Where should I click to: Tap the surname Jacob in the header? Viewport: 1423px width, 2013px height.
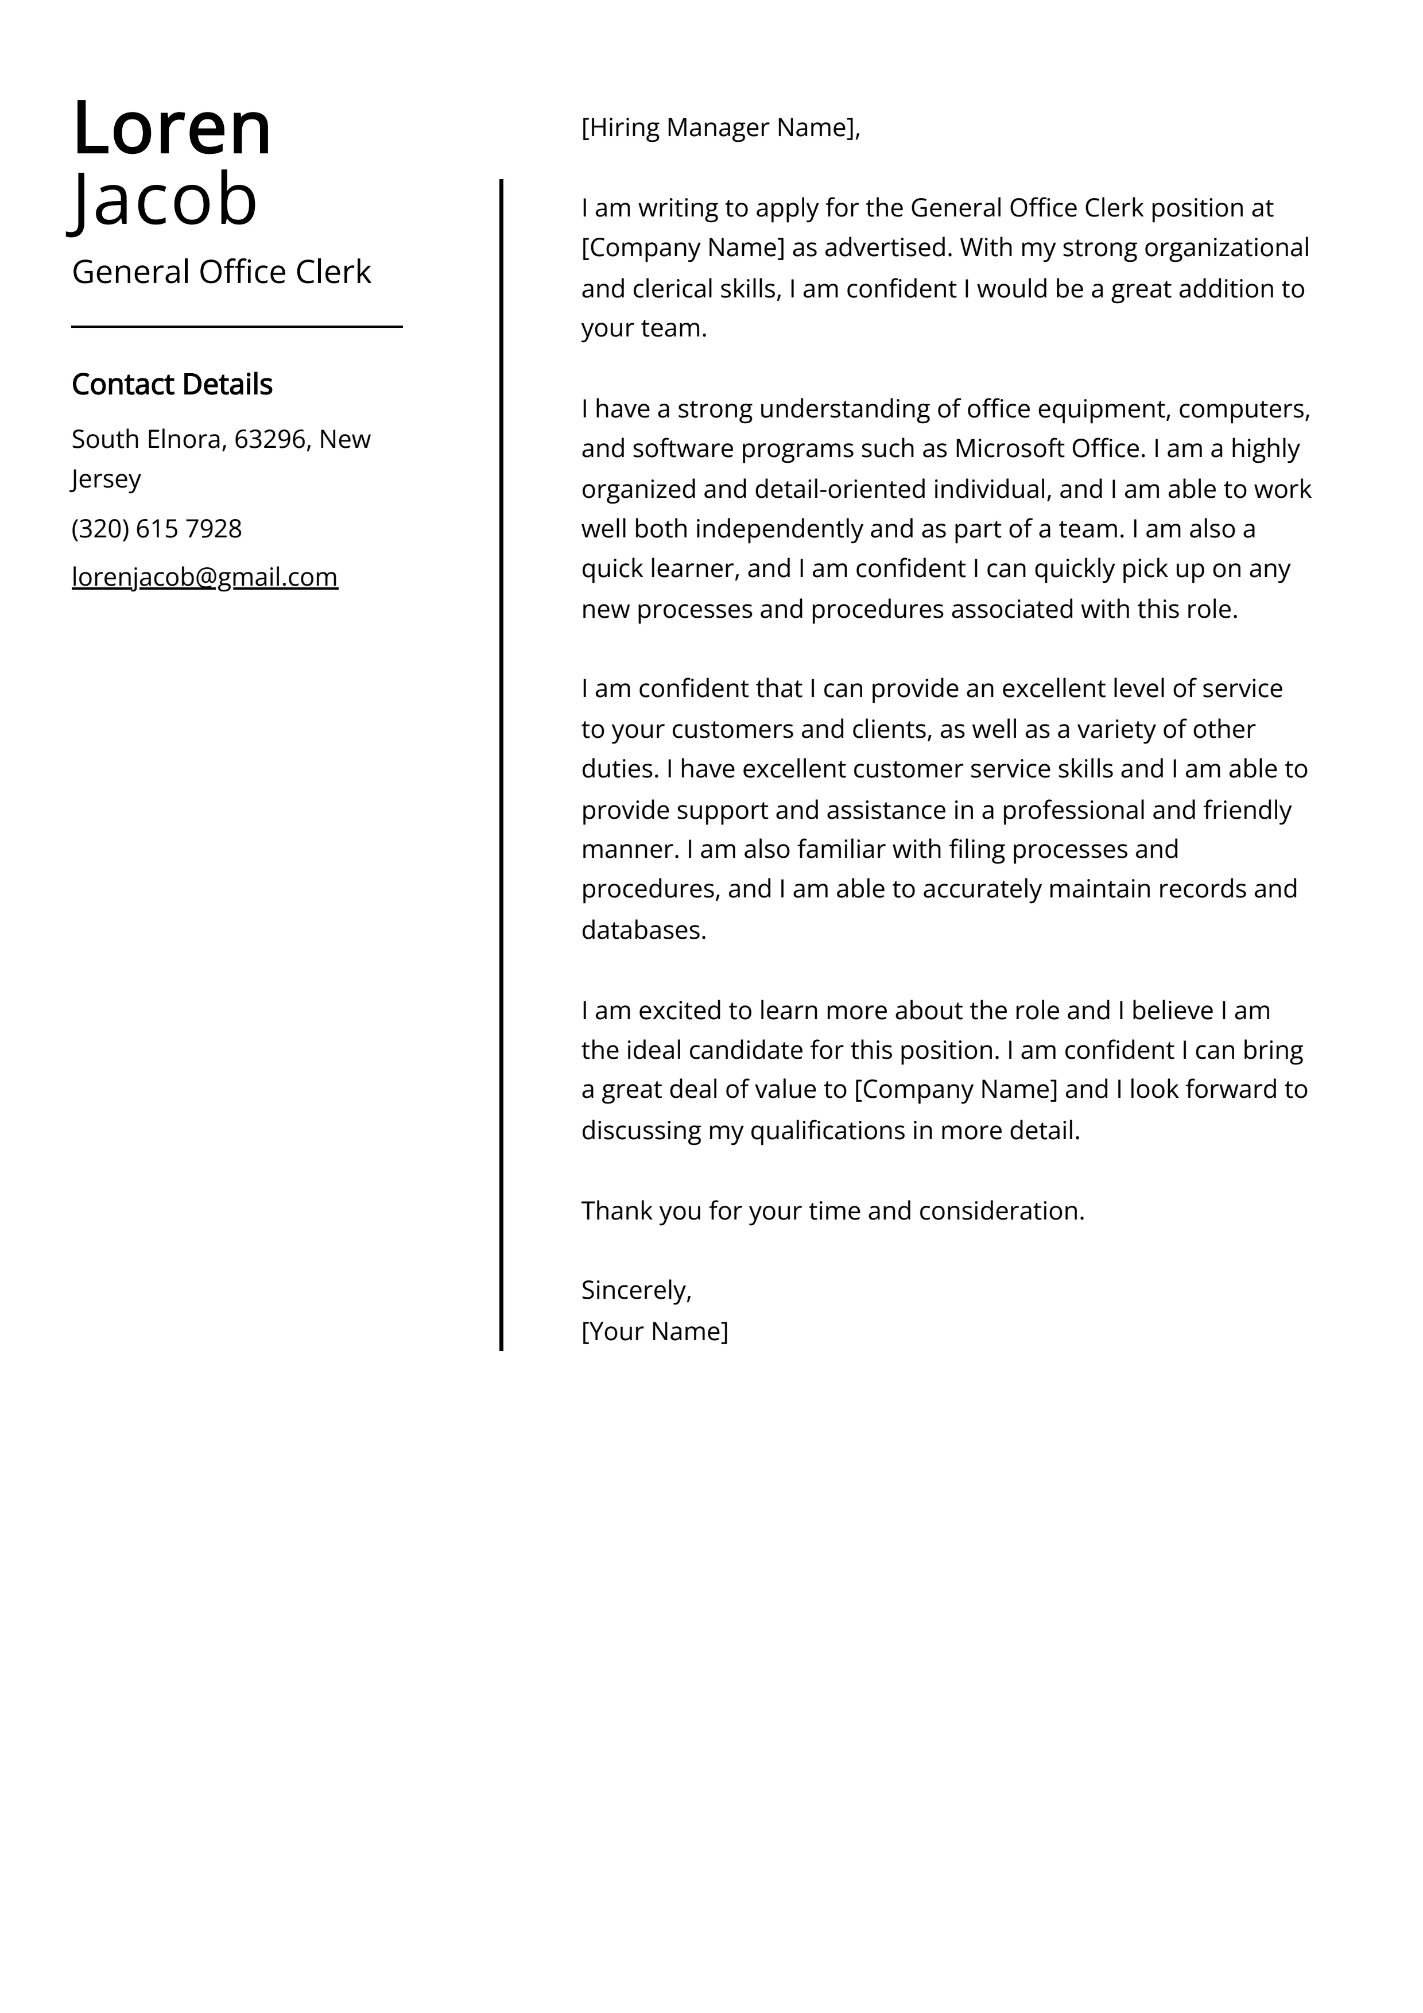(x=165, y=200)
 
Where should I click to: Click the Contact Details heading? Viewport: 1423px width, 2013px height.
(x=172, y=384)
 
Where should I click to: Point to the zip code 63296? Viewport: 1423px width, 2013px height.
(x=270, y=439)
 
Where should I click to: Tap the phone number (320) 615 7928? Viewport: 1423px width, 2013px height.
(x=157, y=529)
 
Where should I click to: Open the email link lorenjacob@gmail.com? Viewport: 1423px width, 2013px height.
(x=204, y=577)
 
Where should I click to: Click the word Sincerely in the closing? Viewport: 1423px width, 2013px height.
(x=635, y=1290)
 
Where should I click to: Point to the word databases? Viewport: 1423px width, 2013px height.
(x=643, y=930)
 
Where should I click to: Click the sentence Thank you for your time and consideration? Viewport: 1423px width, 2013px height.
(x=833, y=1211)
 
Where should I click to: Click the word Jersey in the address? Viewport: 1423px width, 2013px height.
(x=106, y=479)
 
